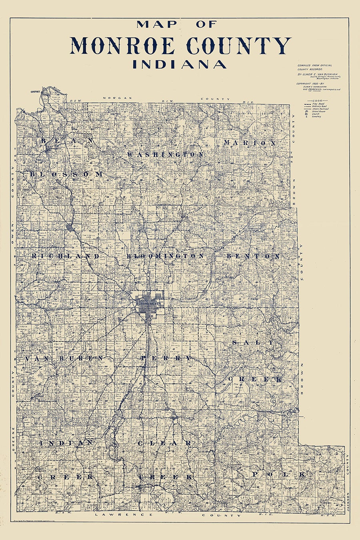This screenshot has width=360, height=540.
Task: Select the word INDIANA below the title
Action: tap(180, 64)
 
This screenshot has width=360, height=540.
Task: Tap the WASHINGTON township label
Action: tap(165, 154)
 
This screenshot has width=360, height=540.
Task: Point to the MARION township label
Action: tap(250, 143)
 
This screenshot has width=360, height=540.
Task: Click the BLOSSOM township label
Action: tap(66, 174)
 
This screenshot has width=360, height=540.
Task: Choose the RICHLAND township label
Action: tap(65, 256)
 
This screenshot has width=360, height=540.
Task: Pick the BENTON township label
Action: tap(253, 256)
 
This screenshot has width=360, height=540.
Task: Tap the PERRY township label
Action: tap(166, 358)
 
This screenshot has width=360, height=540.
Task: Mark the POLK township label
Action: tap(279, 474)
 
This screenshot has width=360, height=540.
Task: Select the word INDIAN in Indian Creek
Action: tap(66, 443)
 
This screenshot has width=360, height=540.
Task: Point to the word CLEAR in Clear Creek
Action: tap(164, 443)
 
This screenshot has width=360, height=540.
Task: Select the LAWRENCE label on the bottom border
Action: tap(124, 515)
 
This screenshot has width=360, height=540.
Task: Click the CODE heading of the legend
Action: tap(317, 100)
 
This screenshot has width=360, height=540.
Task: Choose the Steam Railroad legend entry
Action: tap(320, 109)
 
